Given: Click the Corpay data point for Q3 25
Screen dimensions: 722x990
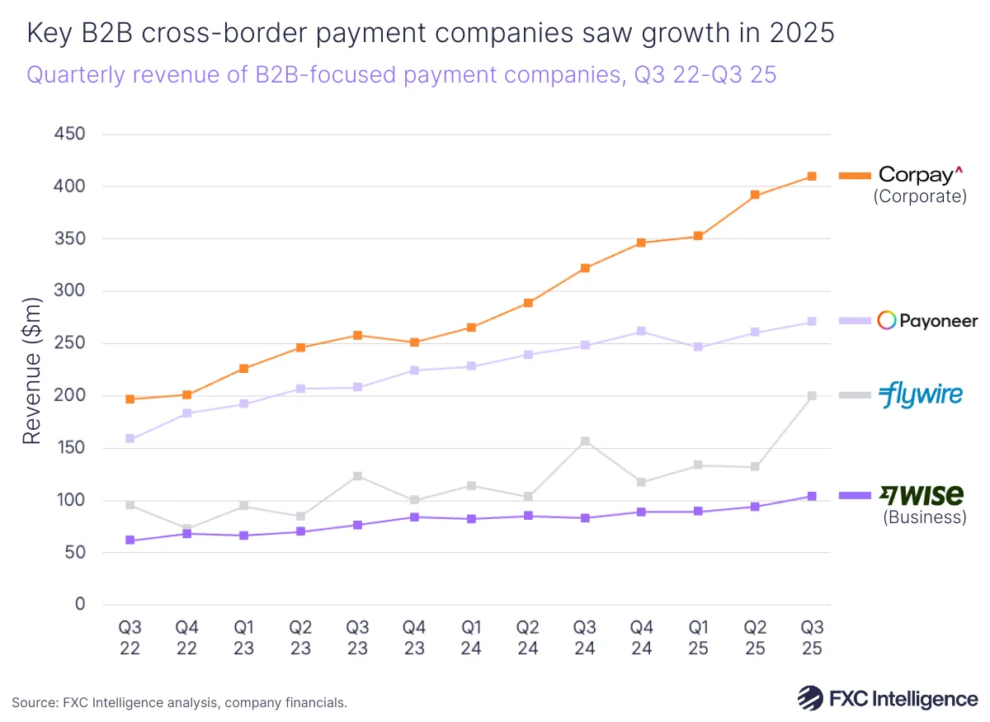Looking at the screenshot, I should [x=812, y=177].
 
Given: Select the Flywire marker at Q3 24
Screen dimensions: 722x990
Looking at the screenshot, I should [x=585, y=441].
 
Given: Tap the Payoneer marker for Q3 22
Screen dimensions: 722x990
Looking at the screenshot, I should [x=130, y=439].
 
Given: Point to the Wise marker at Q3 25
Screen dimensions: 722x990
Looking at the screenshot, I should [x=812, y=497].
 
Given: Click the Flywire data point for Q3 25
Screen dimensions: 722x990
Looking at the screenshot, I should [x=812, y=396].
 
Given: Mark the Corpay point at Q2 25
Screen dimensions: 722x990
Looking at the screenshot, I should [x=755, y=196].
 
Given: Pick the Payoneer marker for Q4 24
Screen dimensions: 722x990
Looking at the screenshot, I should [x=641, y=332].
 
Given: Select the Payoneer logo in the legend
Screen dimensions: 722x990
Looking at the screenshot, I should [x=927, y=321].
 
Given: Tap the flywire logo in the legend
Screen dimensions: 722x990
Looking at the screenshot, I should [x=920, y=394].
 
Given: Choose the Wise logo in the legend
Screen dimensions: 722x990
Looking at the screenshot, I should [x=921, y=495].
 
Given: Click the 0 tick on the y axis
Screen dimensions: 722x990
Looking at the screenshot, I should [x=79, y=605].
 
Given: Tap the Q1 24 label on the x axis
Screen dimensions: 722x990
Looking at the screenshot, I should [x=471, y=638].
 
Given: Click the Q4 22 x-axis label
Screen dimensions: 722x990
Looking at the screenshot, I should [x=187, y=638].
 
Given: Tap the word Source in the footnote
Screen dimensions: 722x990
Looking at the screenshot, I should [x=33, y=703].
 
